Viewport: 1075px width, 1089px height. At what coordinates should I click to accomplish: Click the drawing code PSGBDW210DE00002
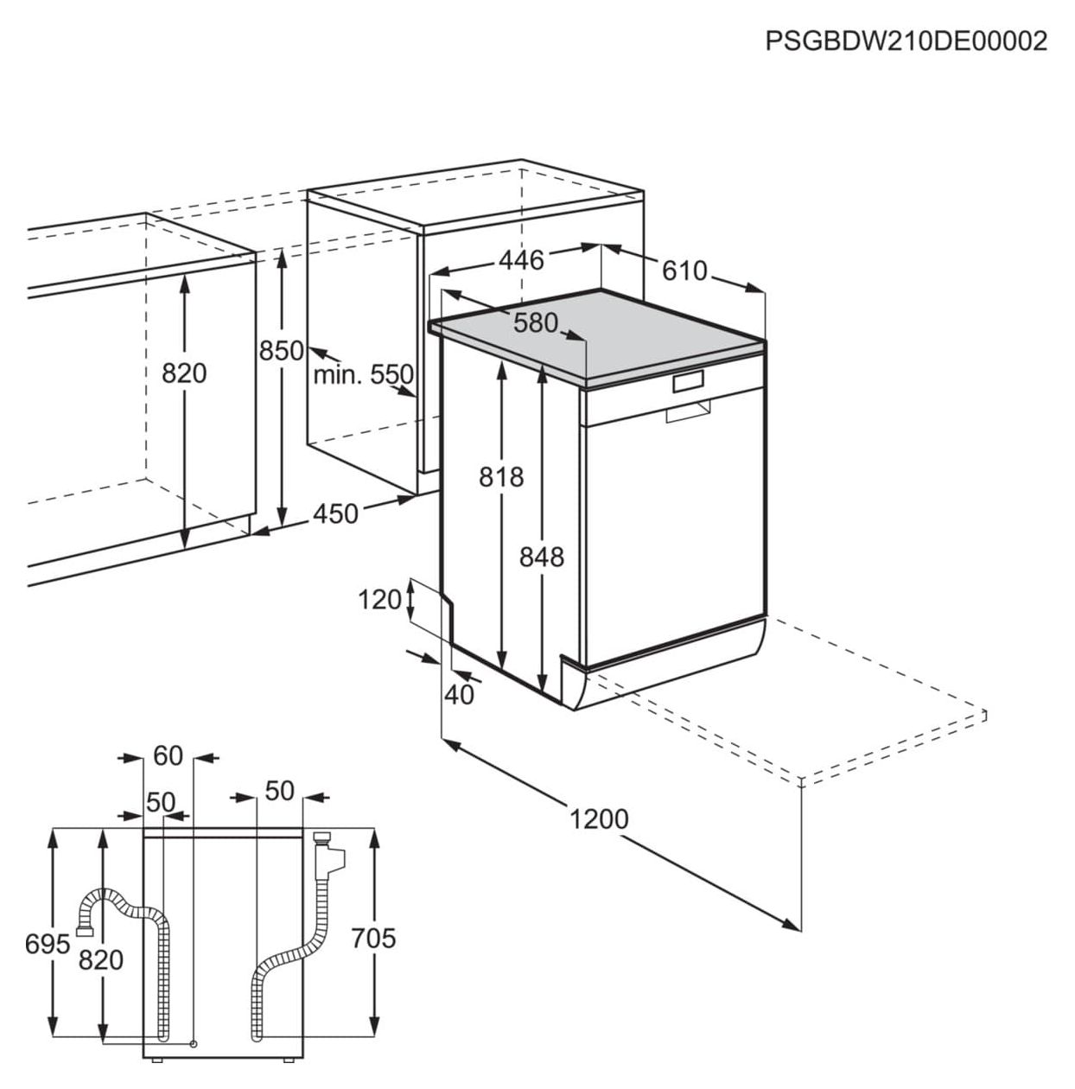[x=906, y=41]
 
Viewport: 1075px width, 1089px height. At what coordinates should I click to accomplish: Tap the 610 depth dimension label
[x=684, y=271]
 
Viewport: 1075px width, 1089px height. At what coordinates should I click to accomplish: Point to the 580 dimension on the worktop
[x=536, y=323]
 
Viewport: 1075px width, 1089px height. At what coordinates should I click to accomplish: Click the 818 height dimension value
[x=501, y=476]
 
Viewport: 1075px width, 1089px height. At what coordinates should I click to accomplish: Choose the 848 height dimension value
[x=541, y=557]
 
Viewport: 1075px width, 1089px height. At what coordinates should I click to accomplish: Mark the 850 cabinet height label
[x=282, y=351]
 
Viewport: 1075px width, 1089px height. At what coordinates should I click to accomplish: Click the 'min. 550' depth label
[x=363, y=375]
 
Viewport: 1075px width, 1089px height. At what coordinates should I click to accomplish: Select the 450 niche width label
[x=335, y=514]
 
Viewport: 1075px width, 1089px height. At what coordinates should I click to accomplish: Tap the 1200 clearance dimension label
[x=599, y=818]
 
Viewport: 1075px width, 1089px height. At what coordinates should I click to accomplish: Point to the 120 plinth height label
[x=380, y=599]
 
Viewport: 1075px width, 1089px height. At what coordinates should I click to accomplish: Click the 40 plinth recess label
[x=460, y=694]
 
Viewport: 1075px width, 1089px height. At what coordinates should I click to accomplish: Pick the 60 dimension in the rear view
[x=169, y=756]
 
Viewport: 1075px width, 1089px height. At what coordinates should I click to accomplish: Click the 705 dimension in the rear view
[x=373, y=938]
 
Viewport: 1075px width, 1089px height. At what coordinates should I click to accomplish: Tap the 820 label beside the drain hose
[x=102, y=959]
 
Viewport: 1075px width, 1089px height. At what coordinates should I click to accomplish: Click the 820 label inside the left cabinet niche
[x=184, y=373]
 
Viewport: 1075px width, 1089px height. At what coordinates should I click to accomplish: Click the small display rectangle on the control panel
[x=688, y=380]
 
